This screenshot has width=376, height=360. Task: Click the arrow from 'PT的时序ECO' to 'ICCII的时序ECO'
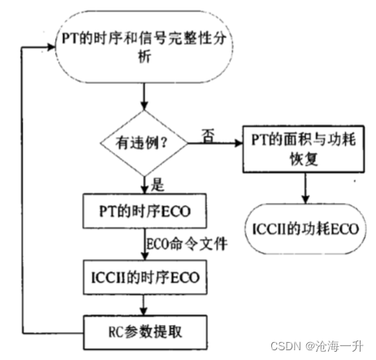pos(144,244)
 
